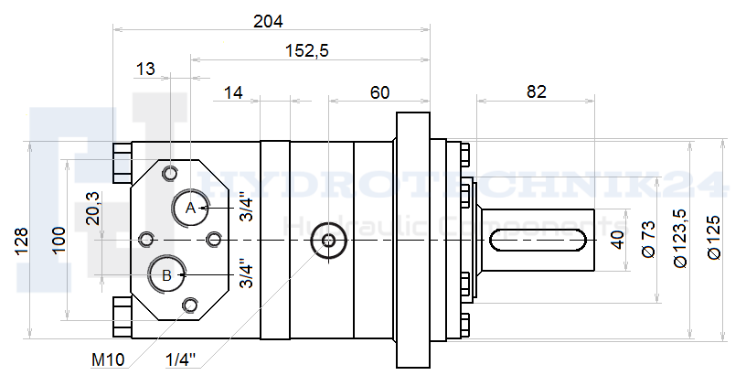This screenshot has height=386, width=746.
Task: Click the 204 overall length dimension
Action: tap(268, 21)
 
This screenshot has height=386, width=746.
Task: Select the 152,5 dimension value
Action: tap(307, 50)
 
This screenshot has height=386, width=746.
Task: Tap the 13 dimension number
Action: tap(145, 69)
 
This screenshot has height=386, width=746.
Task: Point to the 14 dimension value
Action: tap(233, 92)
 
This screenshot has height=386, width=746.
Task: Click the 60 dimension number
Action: tap(379, 92)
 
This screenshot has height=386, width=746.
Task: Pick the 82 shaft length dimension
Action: tap(536, 91)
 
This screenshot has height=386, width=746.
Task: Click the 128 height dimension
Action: tap(22, 241)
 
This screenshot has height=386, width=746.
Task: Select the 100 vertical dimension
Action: tap(59, 241)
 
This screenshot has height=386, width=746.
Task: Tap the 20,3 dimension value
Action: tap(92, 208)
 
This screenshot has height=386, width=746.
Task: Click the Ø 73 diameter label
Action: tap(648, 239)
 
